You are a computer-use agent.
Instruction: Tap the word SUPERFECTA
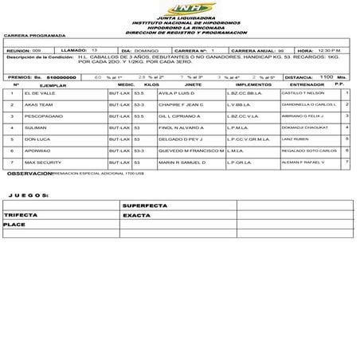[x=146, y=205]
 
